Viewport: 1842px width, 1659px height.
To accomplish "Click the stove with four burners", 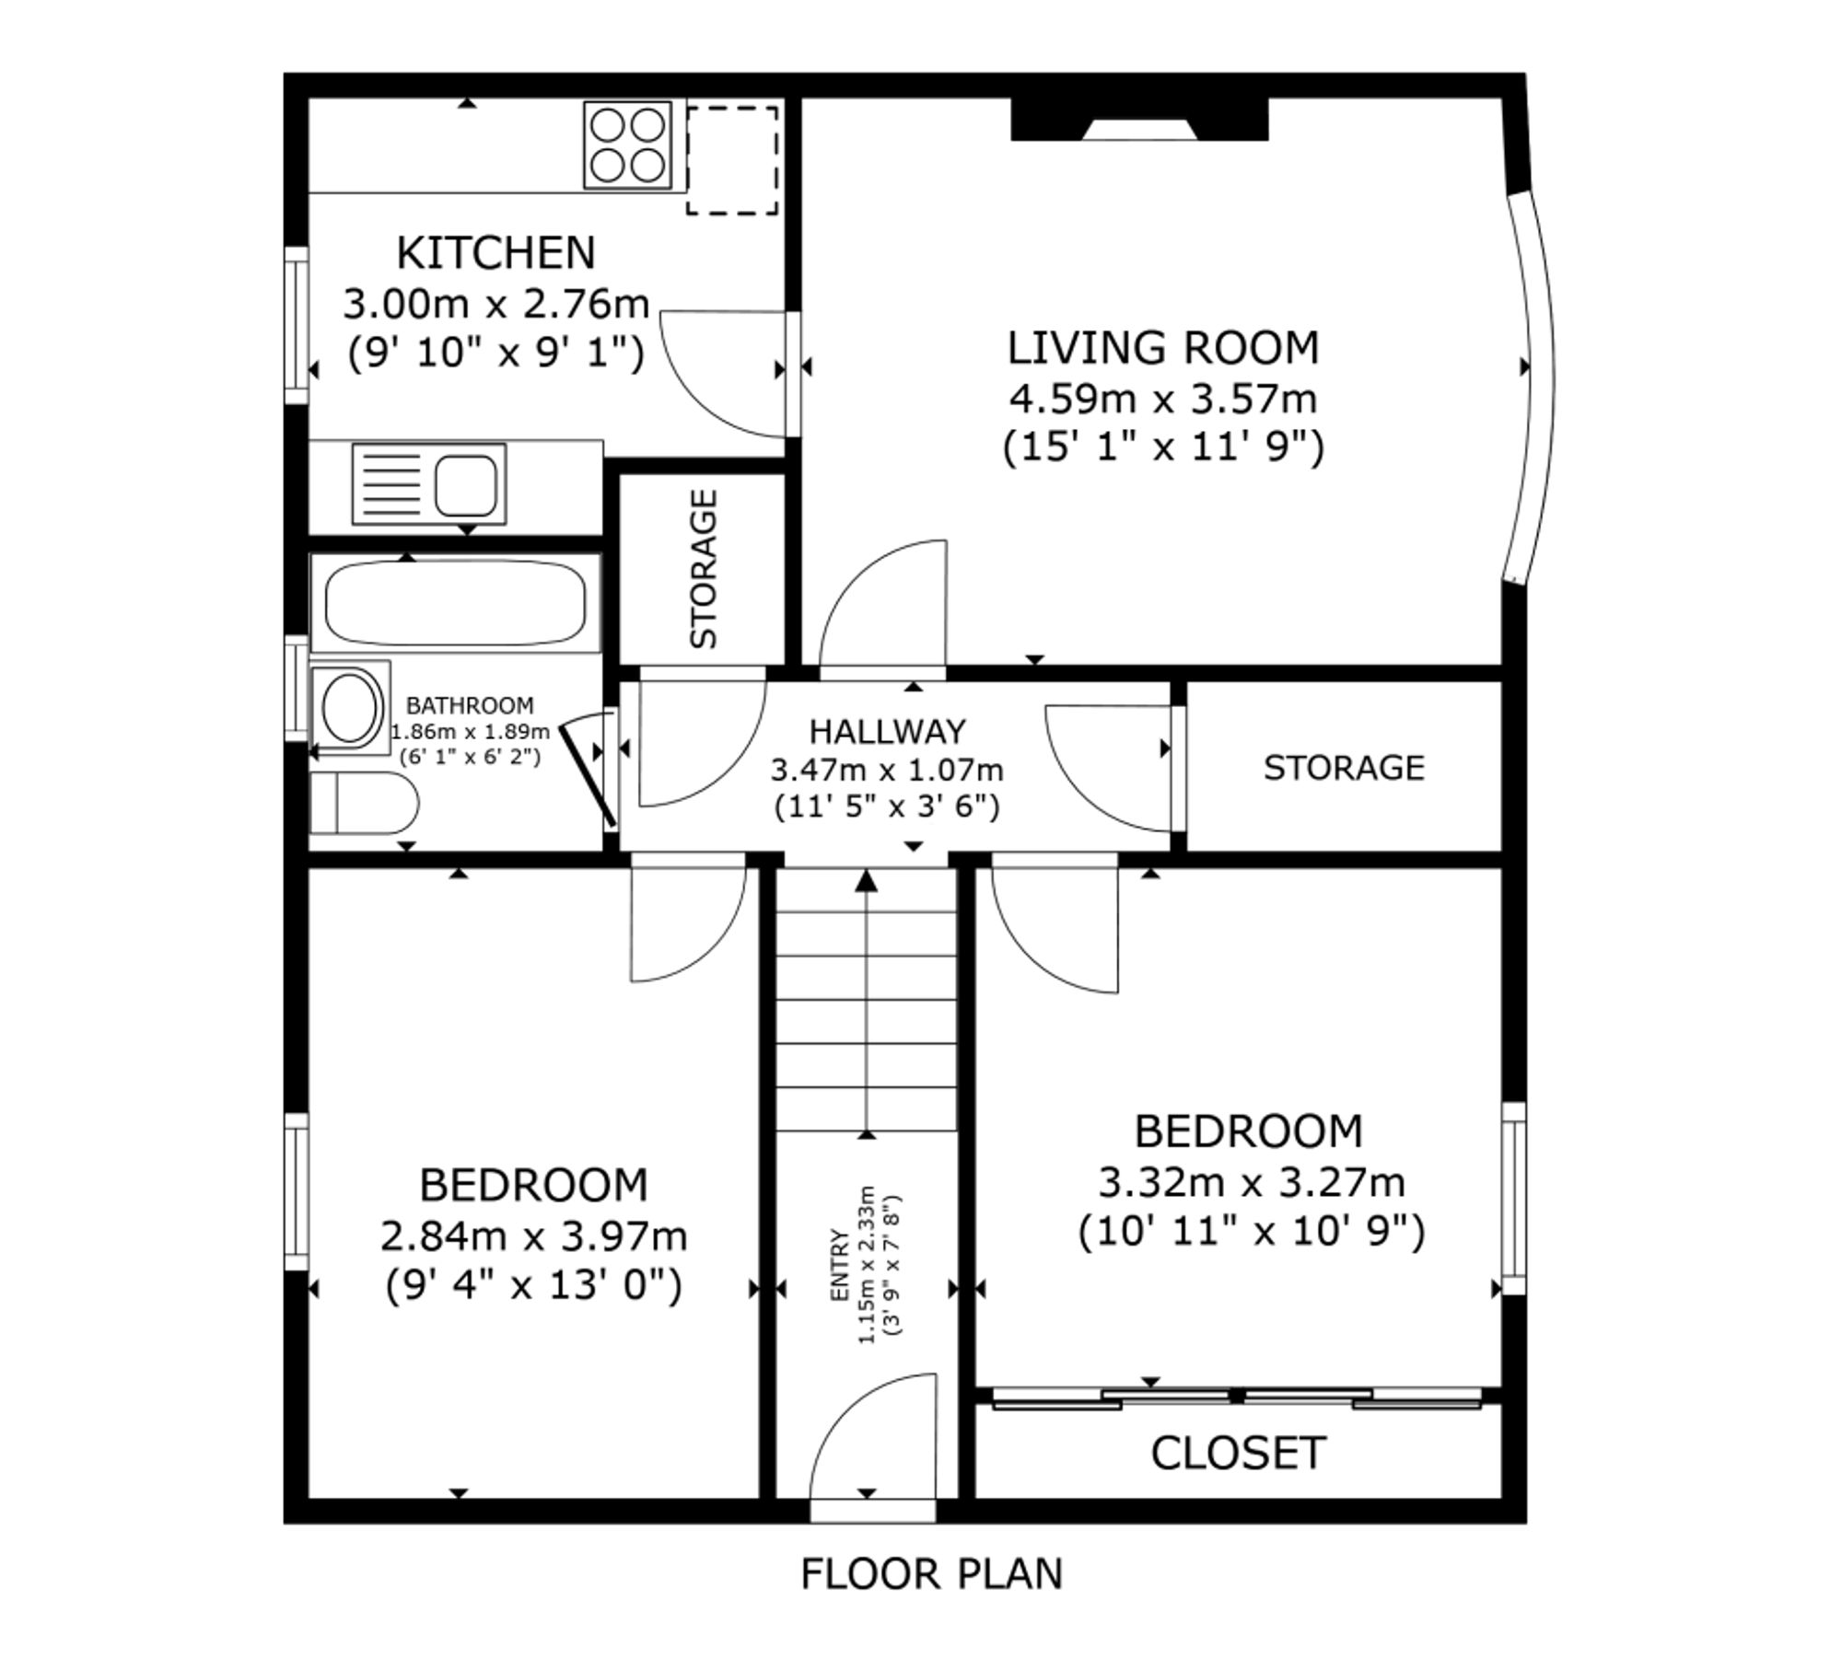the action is pyautogui.click(x=627, y=145).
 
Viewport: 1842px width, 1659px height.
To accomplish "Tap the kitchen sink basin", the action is pyautogui.click(x=465, y=484).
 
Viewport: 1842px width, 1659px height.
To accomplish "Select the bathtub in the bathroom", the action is pyautogui.click(x=455, y=603).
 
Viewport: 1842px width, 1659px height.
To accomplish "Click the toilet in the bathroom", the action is pyautogui.click(x=363, y=804).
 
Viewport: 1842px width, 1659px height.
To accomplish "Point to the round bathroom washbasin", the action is pyautogui.click(x=349, y=708).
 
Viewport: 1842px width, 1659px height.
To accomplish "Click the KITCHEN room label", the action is pyautogui.click(x=495, y=253).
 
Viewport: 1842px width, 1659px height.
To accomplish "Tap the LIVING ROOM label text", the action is pyautogui.click(x=1163, y=348).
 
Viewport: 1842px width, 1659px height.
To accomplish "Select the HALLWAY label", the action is pyautogui.click(x=888, y=732).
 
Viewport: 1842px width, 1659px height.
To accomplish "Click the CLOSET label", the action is pyautogui.click(x=1238, y=1453).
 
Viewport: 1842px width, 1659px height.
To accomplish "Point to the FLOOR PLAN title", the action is pyautogui.click(x=931, y=1573).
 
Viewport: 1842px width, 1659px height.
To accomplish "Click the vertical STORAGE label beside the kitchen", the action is pyautogui.click(x=704, y=569).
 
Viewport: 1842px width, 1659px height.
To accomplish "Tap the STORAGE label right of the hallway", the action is pyautogui.click(x=1344, y=768).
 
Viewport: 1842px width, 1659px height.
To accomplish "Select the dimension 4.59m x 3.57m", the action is pyautogui.click(x=1163, y=400).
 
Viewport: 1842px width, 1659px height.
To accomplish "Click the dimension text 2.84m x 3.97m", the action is pyautogui.click(x=534, y=1236).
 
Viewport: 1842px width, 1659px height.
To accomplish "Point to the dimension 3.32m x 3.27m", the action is pyautogui.click(x=1252, y=1183).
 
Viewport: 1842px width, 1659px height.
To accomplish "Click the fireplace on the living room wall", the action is pyautogui.click(x=1139, y=120).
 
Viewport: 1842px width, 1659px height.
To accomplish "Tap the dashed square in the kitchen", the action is pyautogui.click(x=732, y=160).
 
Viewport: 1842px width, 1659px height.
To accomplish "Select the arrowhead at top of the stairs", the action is pyautogui.click(x=866, y=880).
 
